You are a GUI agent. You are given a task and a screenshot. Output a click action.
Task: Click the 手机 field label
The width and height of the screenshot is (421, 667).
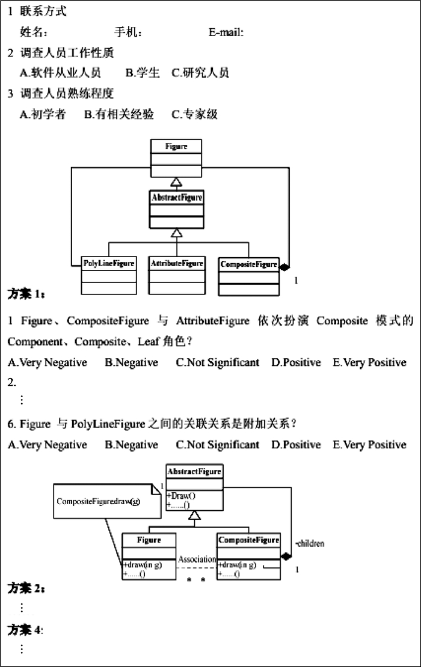coord(128,32)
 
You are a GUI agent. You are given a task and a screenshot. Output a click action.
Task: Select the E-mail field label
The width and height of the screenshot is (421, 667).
coord(226,32)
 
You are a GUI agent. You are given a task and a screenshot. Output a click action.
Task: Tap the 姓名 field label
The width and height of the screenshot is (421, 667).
coord(34,32)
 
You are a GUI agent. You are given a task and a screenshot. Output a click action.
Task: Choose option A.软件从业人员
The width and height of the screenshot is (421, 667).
coord(60,73)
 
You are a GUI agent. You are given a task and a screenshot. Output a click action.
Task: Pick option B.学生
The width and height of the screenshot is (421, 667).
coord(143,73)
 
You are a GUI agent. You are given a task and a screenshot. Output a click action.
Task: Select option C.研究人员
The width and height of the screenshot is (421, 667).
coord(200,73)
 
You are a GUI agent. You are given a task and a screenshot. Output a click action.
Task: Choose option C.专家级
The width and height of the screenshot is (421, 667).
coord(194,114)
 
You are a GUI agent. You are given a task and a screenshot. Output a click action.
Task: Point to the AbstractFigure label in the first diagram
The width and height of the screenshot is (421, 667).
coord(176,197)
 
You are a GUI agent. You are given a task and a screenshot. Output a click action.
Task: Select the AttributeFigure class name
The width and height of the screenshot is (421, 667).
coord(177,263)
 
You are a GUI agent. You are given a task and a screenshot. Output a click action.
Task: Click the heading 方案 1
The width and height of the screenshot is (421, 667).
coord(25,294)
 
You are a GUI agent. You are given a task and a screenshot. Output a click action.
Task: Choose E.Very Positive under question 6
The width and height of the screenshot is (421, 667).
coord(369,445)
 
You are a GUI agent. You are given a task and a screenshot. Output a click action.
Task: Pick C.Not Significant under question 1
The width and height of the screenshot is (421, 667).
coord(218,362)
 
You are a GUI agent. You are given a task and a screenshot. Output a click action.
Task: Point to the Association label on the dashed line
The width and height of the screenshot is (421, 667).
coord(197,559)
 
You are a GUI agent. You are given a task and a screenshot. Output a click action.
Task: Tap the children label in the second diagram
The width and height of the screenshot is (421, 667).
coord(311,544)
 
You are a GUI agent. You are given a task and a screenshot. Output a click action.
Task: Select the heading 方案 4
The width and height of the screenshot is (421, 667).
coord(25,630)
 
